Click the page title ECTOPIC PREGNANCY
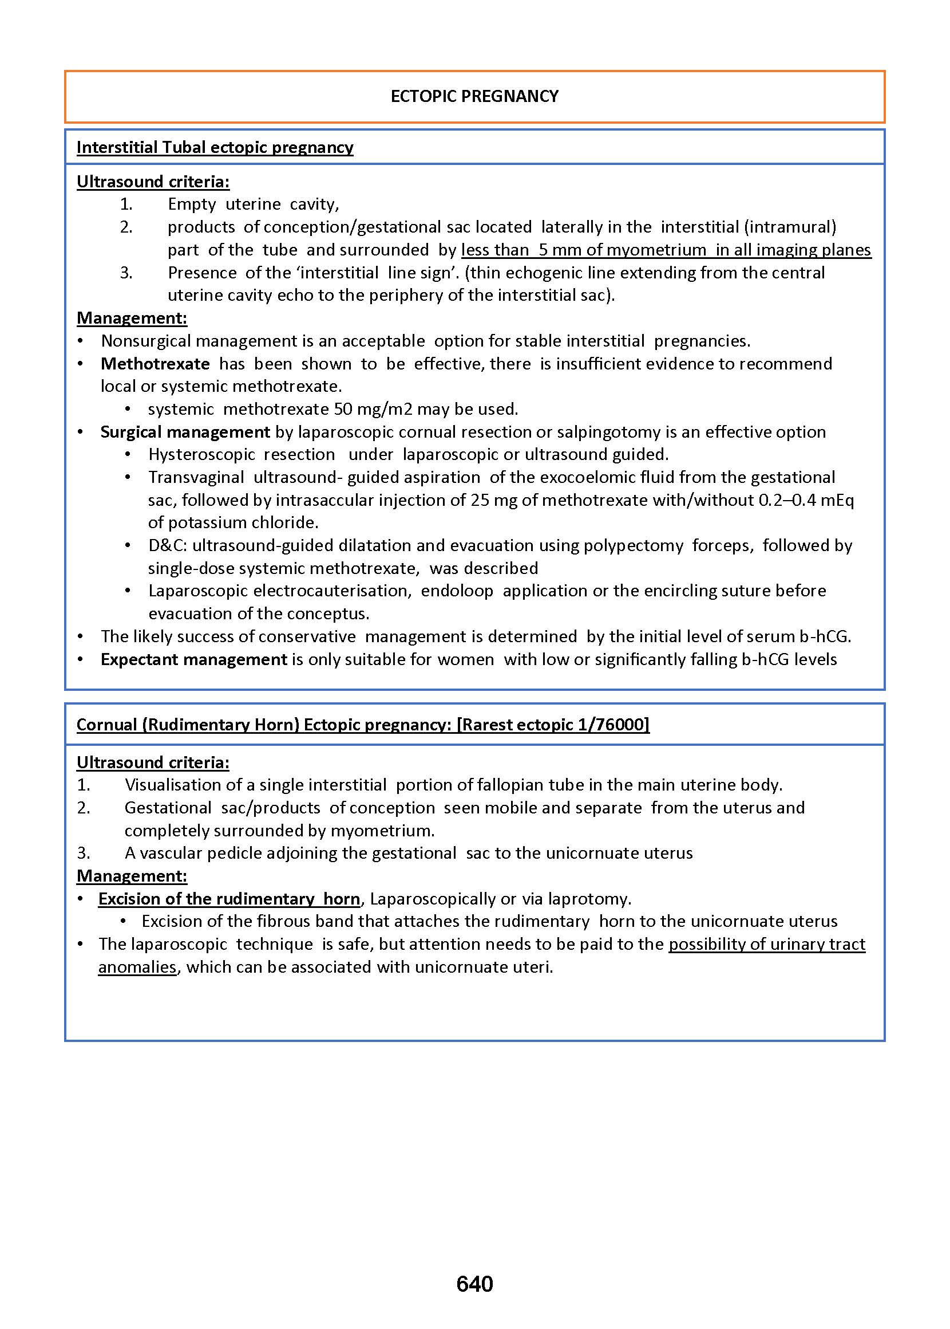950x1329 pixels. [474, 96]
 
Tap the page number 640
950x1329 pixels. [474, 1284]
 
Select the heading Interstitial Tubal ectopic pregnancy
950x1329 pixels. [215, 147]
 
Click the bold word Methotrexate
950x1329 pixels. [155, 364]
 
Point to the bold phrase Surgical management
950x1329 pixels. [185, 432]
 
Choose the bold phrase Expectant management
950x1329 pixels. [193, 659]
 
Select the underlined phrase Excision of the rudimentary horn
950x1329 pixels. [229, 899]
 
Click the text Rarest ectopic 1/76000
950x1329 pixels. [553, 725]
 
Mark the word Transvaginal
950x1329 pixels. [196, 477]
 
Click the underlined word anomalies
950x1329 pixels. [137, 966]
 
